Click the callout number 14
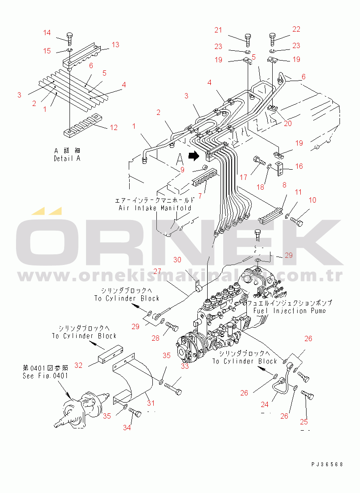coord(47,33)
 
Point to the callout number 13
coord(115,45)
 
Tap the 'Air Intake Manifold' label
coord(155,208)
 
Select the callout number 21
coord(218,30)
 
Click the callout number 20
coord(288,123)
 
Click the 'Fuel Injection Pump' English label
coord(290,310)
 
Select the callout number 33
coord(184,366)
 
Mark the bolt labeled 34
coord(135,414)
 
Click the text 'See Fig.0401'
coord(45,375)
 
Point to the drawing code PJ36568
coord(327,464)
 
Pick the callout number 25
coord(305,422)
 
